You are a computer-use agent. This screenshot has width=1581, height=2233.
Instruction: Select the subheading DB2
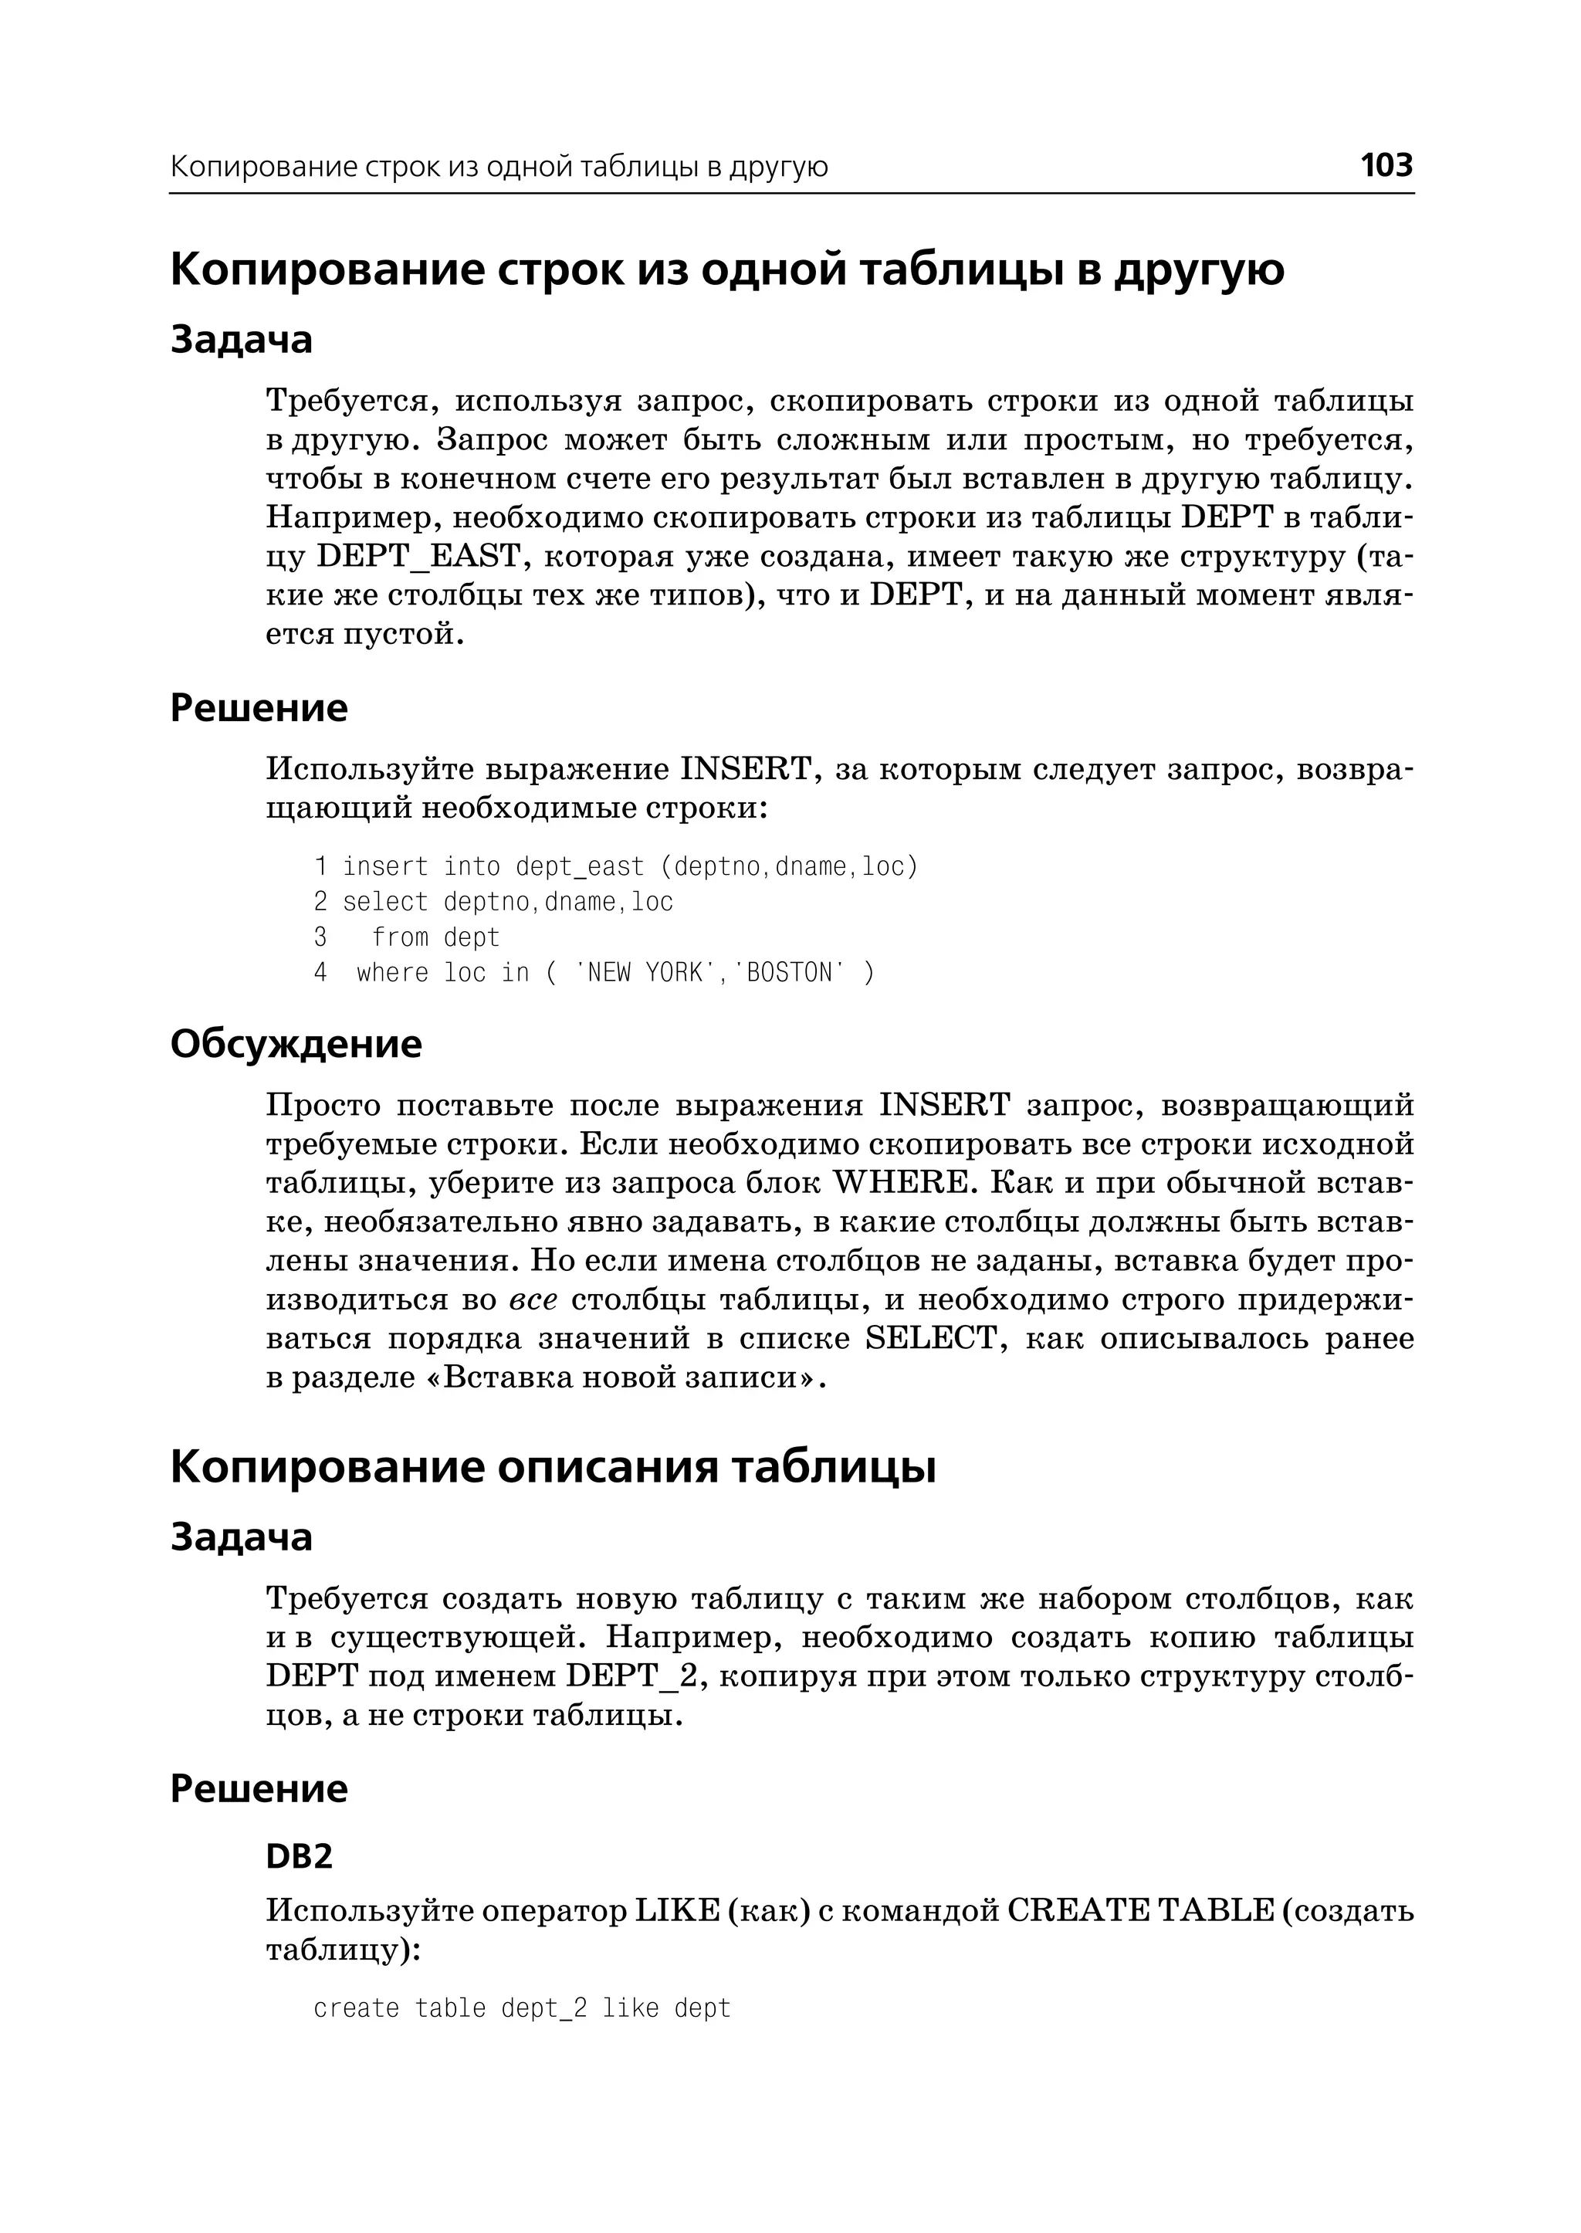(299, 1856)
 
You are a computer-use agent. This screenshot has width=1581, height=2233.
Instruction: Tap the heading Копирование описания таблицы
(552, 1466)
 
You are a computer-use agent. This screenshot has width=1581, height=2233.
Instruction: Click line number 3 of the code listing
(320, 938)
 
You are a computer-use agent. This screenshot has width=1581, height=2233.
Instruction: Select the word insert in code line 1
(385, 866)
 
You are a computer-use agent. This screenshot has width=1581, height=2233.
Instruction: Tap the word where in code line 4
(392, 973)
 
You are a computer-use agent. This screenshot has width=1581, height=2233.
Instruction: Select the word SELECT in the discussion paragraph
(931, 1339)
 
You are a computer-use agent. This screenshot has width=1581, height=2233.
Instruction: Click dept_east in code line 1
(581, 866)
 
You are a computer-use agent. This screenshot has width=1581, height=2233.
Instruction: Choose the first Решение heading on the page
(259, 708)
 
